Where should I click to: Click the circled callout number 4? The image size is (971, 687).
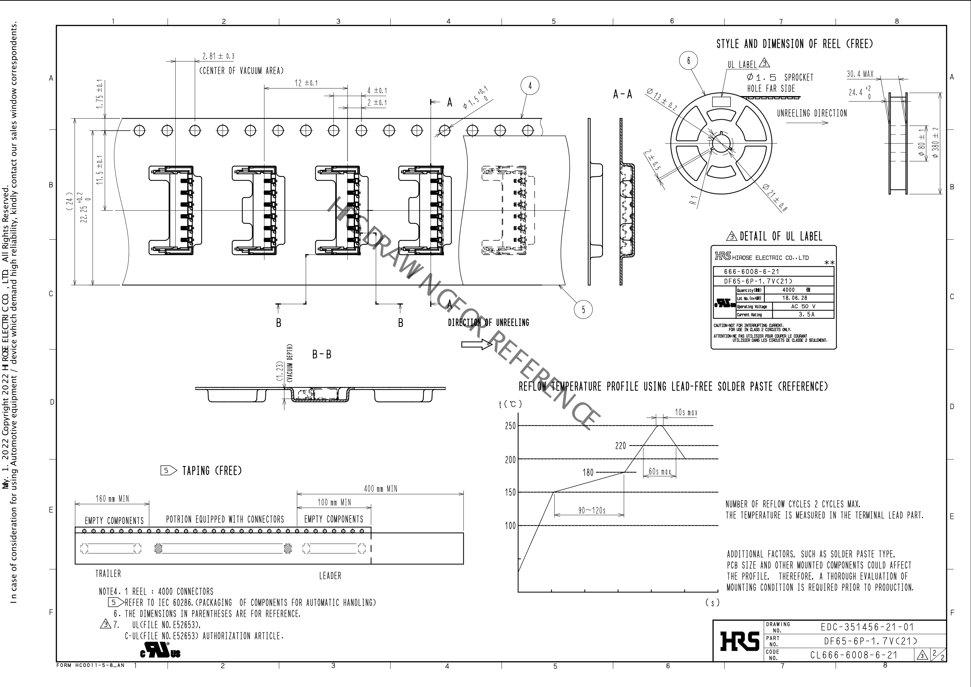click(x=530, y=86)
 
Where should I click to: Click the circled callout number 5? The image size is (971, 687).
click(x=583, y=310)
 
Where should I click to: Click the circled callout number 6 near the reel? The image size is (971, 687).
click(x=688, y=60)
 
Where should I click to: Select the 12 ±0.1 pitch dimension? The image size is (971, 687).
click(x=306, y=83)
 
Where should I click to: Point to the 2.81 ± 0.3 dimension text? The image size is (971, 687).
click(x=218, y=56)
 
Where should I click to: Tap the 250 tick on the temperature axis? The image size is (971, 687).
click(x=510, y=426)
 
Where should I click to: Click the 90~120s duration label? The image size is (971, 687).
click(x=592, y=510)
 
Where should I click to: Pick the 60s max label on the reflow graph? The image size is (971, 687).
click(x=660, y=471)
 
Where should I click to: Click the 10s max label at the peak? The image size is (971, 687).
click(x=686, y=412)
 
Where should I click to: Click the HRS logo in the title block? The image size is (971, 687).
click(x=739, y=641)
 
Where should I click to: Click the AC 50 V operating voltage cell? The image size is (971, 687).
click(x=803, y=306)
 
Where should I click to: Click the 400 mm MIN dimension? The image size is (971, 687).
click(x=380, y=489)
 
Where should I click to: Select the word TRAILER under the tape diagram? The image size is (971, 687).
click(x=108, y=574)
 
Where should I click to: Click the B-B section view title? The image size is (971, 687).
click(x=321, y=354)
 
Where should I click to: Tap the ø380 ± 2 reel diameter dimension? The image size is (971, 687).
click(x=935, y=143)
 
